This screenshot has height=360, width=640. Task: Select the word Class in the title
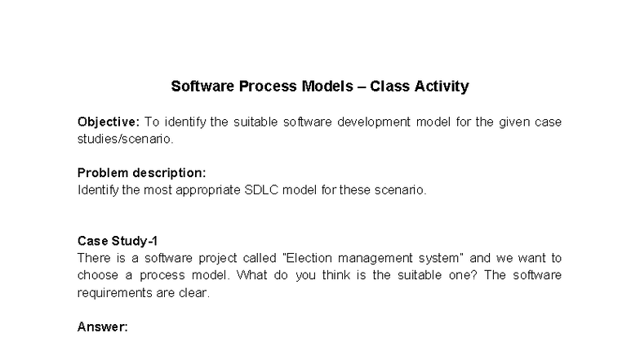(389, 86)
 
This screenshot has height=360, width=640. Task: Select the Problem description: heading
(141, 173)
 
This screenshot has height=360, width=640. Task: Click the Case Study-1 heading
(118, 241)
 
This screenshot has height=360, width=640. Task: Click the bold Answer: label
(103, 327)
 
